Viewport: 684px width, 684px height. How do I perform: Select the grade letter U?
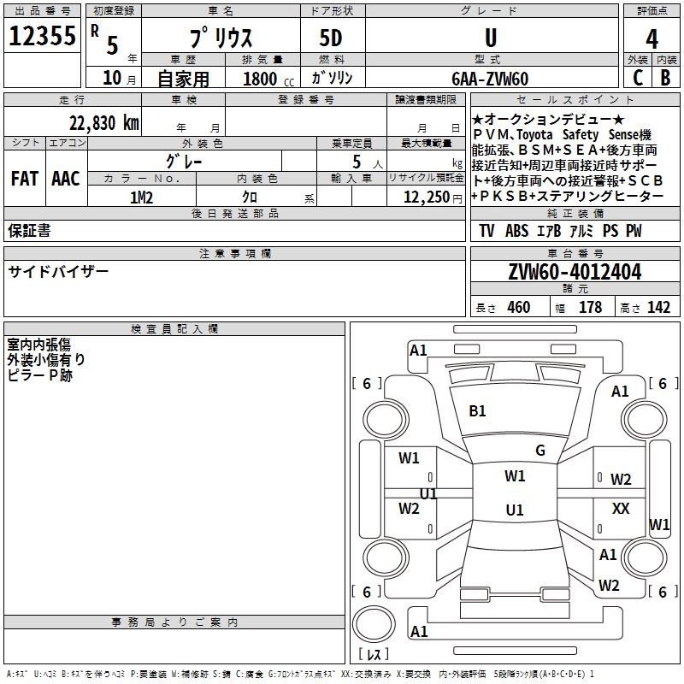point(490,38)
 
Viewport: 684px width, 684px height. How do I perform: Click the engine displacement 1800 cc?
point(265,79)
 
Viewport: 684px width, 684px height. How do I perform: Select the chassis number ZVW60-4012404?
point(575,272)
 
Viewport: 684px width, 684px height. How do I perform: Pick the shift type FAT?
point(25,179)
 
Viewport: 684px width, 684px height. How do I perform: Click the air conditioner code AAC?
point(66,179)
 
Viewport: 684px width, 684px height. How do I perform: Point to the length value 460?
point(518,308)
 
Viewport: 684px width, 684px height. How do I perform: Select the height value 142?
point(658,308)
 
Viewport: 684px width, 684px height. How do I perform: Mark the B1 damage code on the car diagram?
point(477,411)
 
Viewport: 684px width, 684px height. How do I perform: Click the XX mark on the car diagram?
point(621,509)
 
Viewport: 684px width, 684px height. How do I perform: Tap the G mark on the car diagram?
point(540,451)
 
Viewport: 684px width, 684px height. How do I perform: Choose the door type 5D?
point(330,38)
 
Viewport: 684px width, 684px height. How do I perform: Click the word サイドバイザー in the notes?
point(59,271)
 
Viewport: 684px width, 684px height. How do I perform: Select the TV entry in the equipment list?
point(486,231)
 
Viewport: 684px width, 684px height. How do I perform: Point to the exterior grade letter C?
point(637,78)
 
